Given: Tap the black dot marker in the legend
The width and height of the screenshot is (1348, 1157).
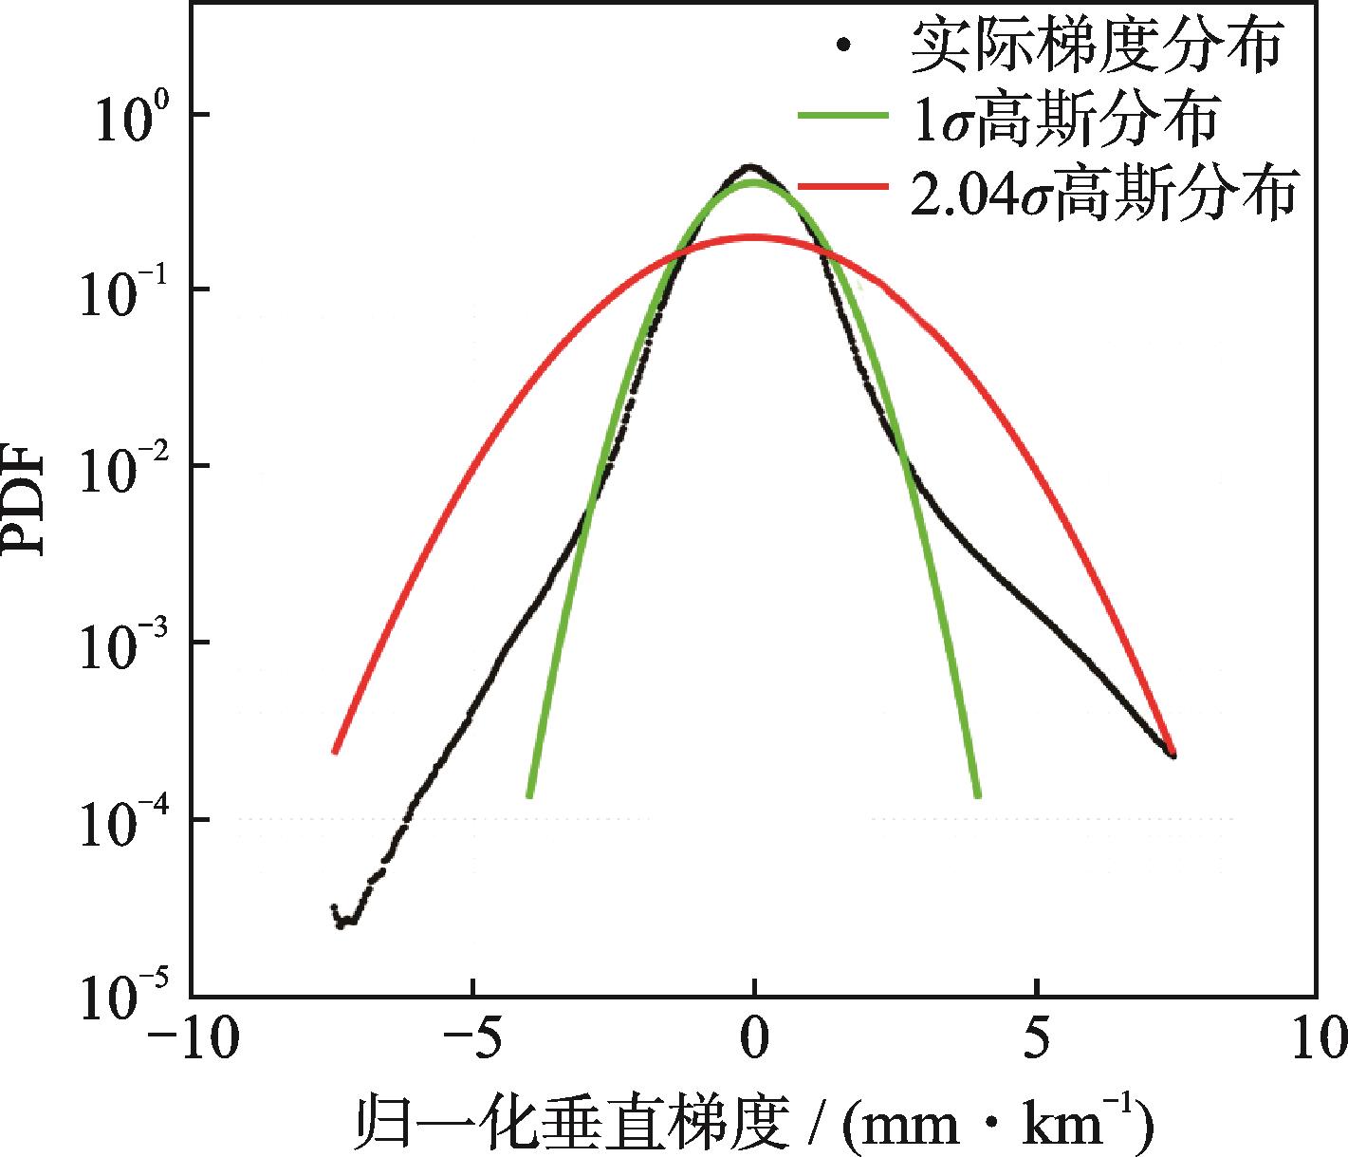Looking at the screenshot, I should (x=841, y=45).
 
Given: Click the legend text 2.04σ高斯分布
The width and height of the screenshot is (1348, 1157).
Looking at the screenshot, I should (x=1101, y=191).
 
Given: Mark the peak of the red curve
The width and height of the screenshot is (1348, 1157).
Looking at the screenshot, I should (x=754, y=236).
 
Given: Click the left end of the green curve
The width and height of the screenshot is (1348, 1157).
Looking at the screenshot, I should (x=528, y=795).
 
